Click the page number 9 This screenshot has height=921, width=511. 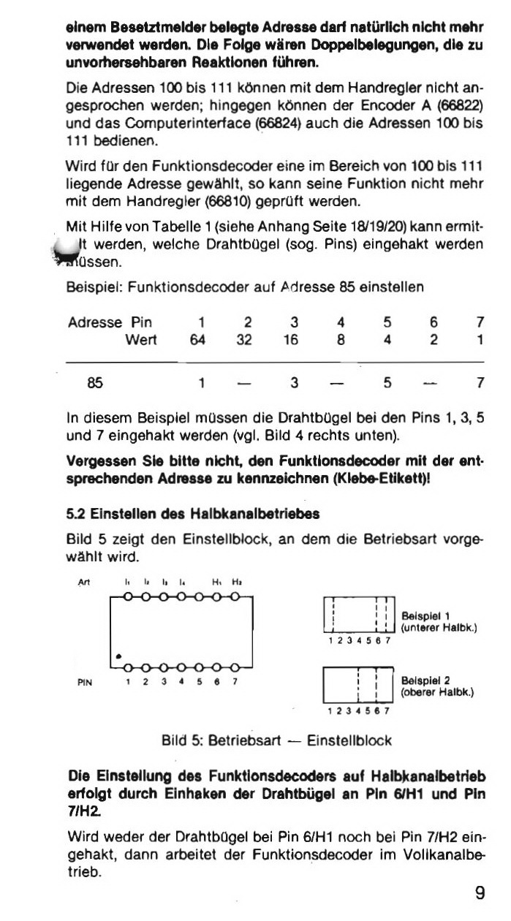(x=480, y=892)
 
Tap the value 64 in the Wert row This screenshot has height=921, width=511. (x=197, y=339)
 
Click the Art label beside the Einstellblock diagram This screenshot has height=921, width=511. (x=82, y=583)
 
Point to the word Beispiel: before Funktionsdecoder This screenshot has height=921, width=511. (x=94, y=287)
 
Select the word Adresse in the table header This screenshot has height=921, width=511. (x=94, y=322)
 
